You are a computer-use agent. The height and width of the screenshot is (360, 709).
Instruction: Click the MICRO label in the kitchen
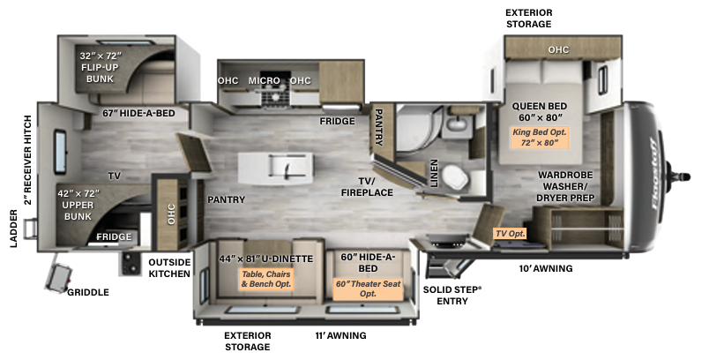(x=264, y=80)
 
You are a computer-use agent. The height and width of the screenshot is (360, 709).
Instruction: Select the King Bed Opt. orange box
(x=539, y=138)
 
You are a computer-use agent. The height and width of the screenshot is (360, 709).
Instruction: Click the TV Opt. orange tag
(x=510, y=233)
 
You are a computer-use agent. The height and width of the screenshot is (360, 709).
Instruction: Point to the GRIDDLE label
(x=88, y=293)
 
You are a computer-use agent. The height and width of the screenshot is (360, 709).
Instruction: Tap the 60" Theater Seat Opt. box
(x=368, y=289)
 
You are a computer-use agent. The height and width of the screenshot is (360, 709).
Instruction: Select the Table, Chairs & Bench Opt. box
(x=266, y=279)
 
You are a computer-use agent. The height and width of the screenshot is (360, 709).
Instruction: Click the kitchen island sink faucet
(x=287, y=168)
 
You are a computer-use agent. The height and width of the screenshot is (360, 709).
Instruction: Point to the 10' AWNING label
(x=546, y=268)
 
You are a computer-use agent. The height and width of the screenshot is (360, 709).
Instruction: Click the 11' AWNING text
(x=340, y=335)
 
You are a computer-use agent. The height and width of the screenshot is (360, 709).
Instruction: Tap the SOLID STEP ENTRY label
(x=452, y=296)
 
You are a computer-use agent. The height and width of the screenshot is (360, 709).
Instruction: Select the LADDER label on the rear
(x=14, y=229)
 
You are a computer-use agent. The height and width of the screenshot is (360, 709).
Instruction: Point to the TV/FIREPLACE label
(x=367, y=187)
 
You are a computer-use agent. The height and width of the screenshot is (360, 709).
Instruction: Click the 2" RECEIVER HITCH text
(x=28, y=160)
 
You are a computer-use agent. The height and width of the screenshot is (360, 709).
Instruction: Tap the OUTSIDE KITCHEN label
(x=169, y=268)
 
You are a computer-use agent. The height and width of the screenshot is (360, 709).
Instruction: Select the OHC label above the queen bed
(x=558, y=49)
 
